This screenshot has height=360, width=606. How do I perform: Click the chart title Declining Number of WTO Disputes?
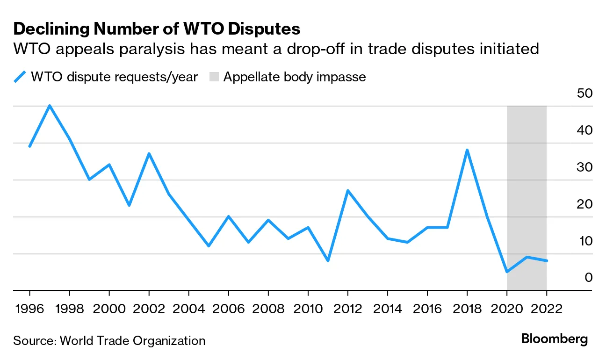[157, 29]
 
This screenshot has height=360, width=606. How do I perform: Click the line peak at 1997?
[50, 106]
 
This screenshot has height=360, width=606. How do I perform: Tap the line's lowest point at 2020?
[506, 272]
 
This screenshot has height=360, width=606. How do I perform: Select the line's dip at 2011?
[328, 260]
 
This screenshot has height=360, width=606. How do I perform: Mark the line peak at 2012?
[347, 191]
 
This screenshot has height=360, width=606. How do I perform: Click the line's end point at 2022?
[546, 260]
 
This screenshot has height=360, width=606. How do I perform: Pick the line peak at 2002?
[149, 154]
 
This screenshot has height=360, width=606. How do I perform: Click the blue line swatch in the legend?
[20, 77]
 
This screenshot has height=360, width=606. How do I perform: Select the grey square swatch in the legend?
[213, 77]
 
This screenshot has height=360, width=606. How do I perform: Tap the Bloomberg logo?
[555, 339]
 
